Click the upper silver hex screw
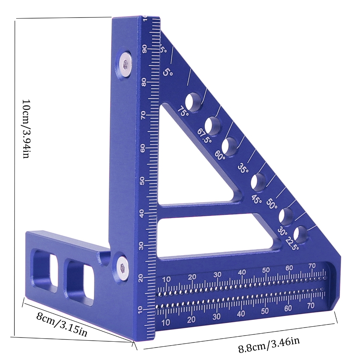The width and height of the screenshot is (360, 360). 125,64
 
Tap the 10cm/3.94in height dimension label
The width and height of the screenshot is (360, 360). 26,129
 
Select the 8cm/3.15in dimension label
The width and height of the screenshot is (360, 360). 62,324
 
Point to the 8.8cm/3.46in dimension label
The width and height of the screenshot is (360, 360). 269,344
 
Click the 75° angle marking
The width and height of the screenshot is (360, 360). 183,111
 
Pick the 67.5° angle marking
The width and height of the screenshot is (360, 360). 204,135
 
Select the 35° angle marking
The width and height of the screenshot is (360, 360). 243,168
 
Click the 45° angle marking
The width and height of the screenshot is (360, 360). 256,199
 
